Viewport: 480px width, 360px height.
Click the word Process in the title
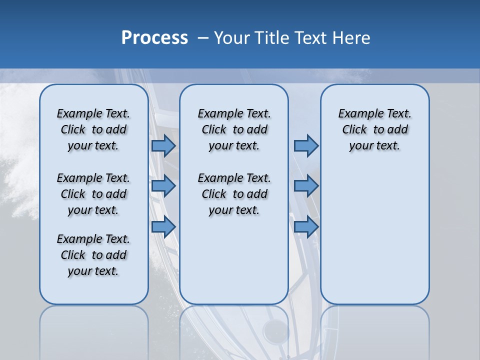(154, 37)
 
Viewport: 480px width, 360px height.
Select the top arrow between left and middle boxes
(163, 145)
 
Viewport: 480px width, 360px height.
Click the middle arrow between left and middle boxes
(163, 186)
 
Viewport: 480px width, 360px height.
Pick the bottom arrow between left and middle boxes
(163, 227)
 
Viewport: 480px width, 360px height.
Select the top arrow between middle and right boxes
(306, 145)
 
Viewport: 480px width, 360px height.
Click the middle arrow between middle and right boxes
(306, 186)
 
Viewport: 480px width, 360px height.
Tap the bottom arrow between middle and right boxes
(306, 227)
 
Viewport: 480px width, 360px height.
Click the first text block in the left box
(93, 129)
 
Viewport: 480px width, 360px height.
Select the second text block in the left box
(93, 194)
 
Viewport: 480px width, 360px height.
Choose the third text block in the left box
(93, 255)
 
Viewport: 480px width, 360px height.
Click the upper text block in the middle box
(234, 129)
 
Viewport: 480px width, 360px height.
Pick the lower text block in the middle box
(234, 194)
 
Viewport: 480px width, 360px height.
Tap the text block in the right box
(374, 129)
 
